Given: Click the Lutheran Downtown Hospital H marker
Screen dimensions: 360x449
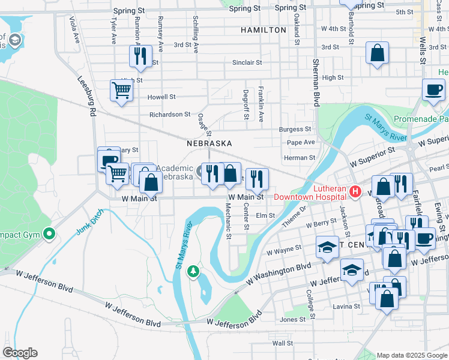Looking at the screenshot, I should click(355, 192).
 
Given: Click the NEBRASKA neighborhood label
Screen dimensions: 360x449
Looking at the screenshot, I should click(209, 143).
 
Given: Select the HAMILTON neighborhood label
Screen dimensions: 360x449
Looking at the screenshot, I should click(263, 29).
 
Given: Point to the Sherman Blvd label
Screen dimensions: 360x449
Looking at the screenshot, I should click(315, 83).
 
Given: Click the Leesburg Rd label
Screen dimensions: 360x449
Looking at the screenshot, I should click(87, 96).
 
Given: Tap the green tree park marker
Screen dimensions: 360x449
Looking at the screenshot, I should click(193, 272).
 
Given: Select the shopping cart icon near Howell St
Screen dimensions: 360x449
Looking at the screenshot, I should click(121, 91).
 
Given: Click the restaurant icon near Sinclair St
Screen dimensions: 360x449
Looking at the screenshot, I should click(139, 56).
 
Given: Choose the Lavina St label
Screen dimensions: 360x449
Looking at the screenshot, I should click(348, 305).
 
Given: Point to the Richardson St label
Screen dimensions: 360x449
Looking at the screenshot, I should click(170, 114).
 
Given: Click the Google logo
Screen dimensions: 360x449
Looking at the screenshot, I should click(20, 353).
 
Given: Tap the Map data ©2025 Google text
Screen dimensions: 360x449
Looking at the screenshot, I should click(411, 355).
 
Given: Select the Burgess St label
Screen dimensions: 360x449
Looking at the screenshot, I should click(295, 129).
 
